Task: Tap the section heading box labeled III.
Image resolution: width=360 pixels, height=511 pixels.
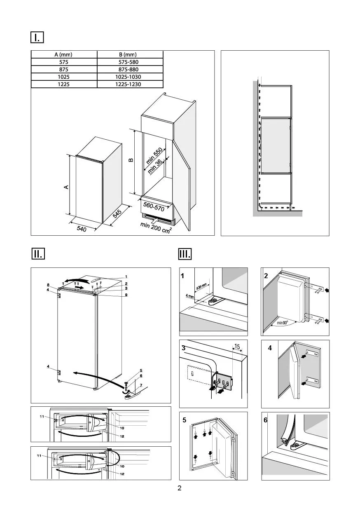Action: coord(184,253)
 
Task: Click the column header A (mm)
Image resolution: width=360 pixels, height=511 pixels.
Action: coord(64,54)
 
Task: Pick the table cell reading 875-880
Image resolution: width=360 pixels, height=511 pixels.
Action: coord(130,69)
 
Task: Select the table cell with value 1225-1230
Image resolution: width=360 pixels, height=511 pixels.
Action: coord(130,84)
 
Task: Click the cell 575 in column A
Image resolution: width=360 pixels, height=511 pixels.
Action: coord(64,62)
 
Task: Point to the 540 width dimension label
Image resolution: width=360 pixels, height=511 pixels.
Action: coord(81,227)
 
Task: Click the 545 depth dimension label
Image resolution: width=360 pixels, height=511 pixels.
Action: coord(117,214)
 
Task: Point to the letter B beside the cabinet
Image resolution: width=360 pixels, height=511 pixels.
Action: coord(131,159)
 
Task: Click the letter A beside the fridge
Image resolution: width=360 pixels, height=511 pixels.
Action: coord(65,187)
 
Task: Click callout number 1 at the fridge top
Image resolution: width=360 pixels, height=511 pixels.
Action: coord(126,276)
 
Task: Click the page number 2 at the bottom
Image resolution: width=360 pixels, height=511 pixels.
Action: coord(180,489)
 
